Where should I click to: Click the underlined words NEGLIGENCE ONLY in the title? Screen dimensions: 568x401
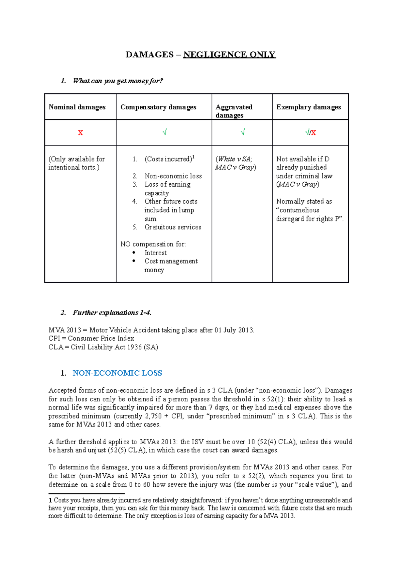click(229, 55)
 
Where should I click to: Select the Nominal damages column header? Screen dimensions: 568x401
click(77, 107)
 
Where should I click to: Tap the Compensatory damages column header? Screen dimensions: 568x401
click(158, 107)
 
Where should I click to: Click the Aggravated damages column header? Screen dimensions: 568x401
click(234, 111)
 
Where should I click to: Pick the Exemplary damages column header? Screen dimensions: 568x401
click(308, 107)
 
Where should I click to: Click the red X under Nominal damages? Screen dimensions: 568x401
click(80, 133)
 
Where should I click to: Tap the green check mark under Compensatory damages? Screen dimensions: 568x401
click(164, 132)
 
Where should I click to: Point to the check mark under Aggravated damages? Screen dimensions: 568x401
click(243, 132)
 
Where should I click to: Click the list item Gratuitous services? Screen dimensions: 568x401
click(173, 227)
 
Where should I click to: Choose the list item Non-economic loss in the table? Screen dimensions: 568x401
click(173, 176)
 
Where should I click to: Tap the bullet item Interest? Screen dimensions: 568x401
click(155, 253)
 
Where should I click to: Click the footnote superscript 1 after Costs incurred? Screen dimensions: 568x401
click(193, 156)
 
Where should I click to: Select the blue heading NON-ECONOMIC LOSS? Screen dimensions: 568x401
click(117, 373)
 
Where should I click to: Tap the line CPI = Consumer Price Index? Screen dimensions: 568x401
click(91, 338)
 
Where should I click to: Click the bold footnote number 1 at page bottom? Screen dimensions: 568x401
click(50, 500)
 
